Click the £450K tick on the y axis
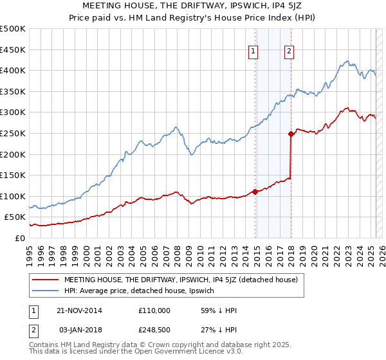(13, 50)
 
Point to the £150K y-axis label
(13, 175)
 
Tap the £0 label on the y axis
(21, 238)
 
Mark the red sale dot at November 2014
(255, 192)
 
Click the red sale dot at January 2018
(291, 134)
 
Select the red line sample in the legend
(46, 280)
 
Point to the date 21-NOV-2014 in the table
(79, 310)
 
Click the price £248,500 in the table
(154, 330)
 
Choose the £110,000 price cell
(154, 310)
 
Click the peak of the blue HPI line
(347, 61)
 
